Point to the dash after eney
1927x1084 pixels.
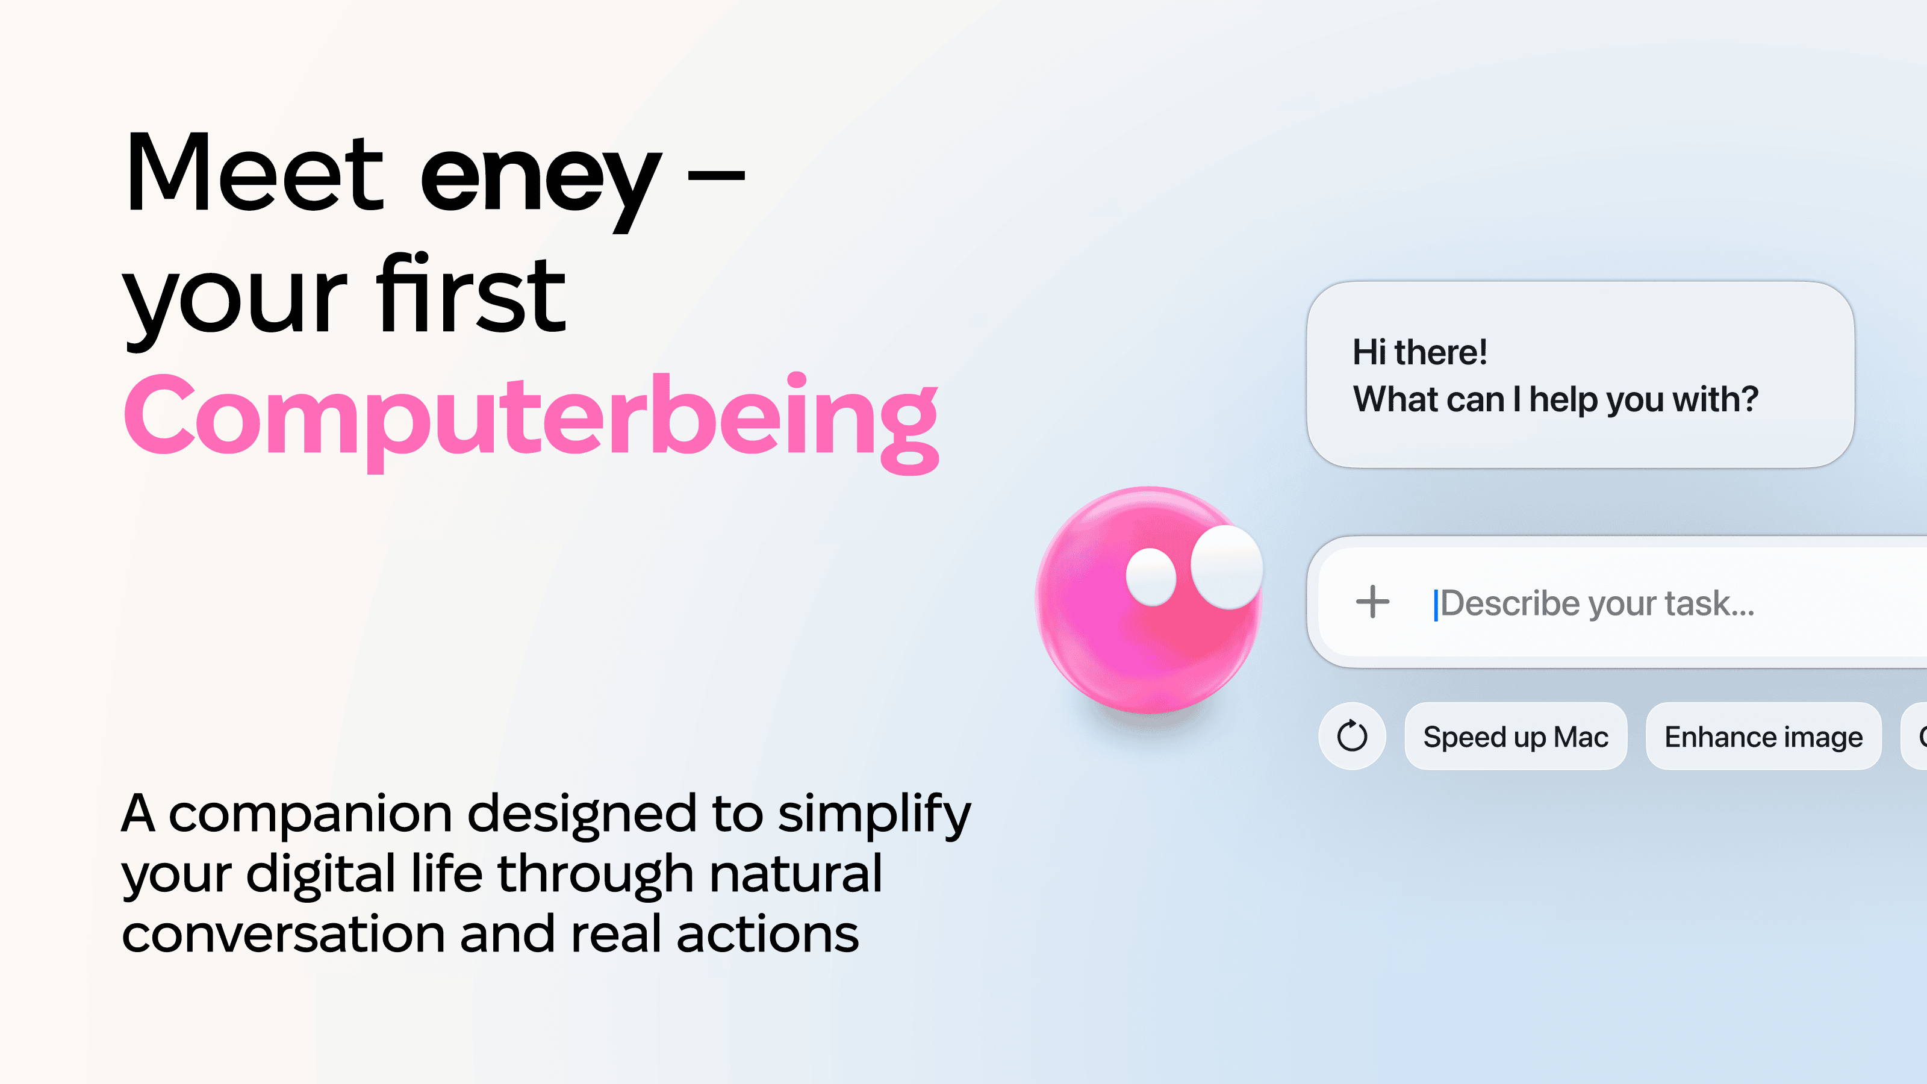[x=716, y=176]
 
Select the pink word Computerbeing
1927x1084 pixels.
[x=531, y=420]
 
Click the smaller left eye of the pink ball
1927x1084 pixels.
[x=1151, y=577]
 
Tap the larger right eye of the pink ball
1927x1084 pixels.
[x=1227, y=566]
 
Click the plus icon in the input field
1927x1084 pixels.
[x=1373, y=602]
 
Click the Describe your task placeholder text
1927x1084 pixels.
[x=1597, y=603]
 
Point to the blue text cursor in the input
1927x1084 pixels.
[x=1436, y=605]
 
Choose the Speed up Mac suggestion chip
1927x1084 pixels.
[x=1516, y=737]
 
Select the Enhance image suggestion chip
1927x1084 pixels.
[x=1763, y=737]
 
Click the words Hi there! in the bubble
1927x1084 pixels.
[x=1420, y=352]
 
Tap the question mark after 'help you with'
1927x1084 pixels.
[x=1749, y=399]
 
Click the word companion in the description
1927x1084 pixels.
[x=311, y=814]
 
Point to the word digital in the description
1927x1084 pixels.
[x=320, y=874]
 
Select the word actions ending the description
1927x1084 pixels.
[x=768, y=935]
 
